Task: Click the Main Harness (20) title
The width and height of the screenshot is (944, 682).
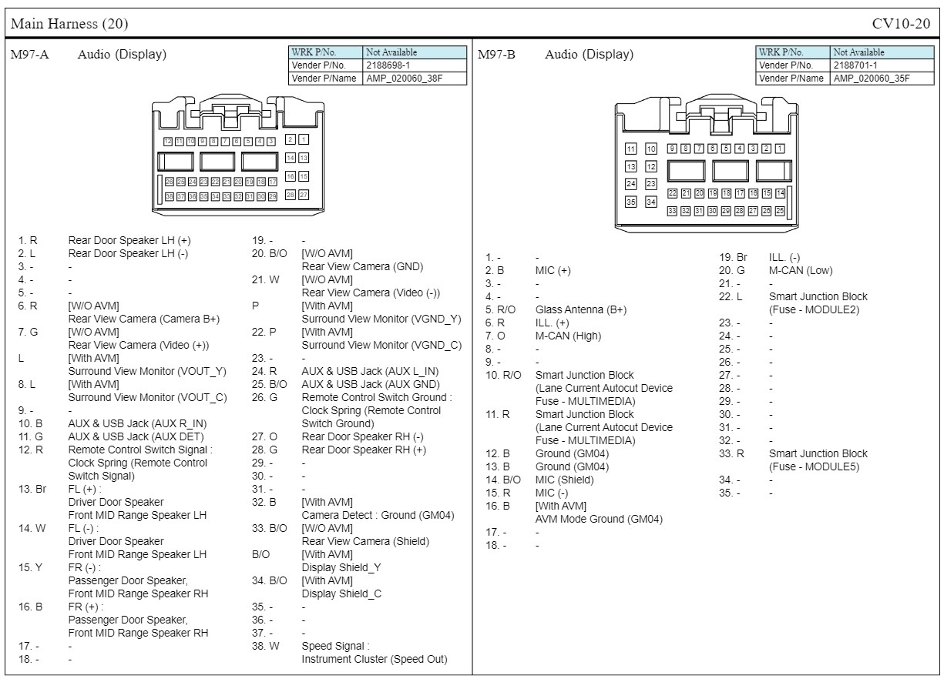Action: tap(69, 24)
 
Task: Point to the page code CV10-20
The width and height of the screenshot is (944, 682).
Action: tap(901, 24)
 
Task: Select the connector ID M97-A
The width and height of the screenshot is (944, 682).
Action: tap(30, 55)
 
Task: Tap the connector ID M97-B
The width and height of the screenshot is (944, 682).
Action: tap(497, 55)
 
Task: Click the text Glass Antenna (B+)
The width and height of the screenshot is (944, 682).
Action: tap(580, 309)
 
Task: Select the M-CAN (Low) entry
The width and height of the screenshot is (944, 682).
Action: tap(801, 270)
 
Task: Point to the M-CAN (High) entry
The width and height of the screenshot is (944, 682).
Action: tap(568, 336)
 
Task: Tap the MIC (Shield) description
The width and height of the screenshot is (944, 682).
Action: tap(564, 480)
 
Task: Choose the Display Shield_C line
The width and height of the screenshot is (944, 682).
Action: tap(341, 593)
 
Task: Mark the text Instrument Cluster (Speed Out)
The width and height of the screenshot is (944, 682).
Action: tap(374, 659)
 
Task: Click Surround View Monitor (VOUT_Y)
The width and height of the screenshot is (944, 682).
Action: tap(147, 371)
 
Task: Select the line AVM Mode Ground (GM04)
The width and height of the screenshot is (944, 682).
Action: tap(599, 519)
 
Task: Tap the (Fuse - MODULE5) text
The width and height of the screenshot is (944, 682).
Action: tap(814, 466)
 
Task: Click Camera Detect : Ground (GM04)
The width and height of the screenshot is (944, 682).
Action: tap(378, 515)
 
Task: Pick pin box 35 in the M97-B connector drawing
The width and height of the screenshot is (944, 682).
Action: tap(631, 202)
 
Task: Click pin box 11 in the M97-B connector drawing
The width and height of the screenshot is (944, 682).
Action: tap(631, 149)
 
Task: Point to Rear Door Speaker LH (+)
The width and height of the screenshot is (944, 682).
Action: tap(129, 240)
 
